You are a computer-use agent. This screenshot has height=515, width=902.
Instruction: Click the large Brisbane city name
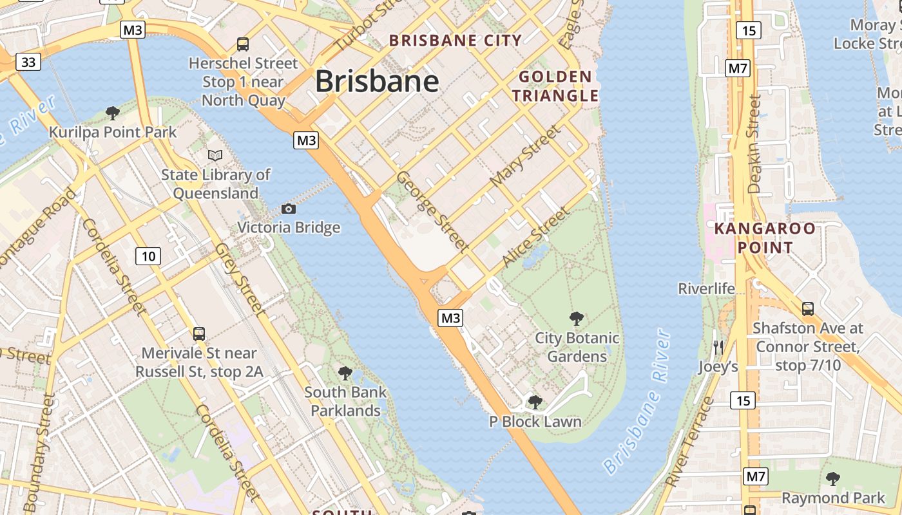tap(377, 82)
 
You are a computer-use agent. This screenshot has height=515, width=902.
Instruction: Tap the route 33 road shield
tap(28, 62)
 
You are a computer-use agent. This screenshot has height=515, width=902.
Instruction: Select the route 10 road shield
tap(148, 256)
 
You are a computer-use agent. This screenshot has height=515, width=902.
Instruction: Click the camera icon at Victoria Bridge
tap(289, 209)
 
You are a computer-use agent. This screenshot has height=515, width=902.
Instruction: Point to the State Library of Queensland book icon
tap(215, 155)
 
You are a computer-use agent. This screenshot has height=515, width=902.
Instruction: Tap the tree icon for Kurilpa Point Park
tap(113, 113)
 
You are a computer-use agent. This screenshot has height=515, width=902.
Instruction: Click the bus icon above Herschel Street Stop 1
tap(243, 44)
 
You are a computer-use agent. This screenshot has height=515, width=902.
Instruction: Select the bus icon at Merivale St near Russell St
tap(199, 334)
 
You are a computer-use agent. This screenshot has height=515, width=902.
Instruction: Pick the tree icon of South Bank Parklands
tap(345, 373)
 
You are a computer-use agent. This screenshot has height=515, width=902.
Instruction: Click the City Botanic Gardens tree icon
tap(577, 318)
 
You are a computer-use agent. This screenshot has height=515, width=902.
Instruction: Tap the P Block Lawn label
tap(535, 422)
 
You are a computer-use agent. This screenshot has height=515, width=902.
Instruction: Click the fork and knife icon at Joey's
tap(718, 348)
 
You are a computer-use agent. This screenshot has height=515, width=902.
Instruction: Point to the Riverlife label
tap(706, 288)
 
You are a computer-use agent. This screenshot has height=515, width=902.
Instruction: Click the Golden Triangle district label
tap(559, 86)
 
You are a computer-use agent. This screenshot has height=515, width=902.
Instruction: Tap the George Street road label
tap(432, 211)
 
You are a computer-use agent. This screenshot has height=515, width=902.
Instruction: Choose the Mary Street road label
tap(525, 156)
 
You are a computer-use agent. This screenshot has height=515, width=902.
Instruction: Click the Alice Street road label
tap(536, 236)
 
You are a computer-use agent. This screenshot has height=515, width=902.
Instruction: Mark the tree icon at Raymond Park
tap(833, 478)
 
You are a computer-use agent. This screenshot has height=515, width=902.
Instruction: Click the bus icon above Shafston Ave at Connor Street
tap(808, 308)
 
